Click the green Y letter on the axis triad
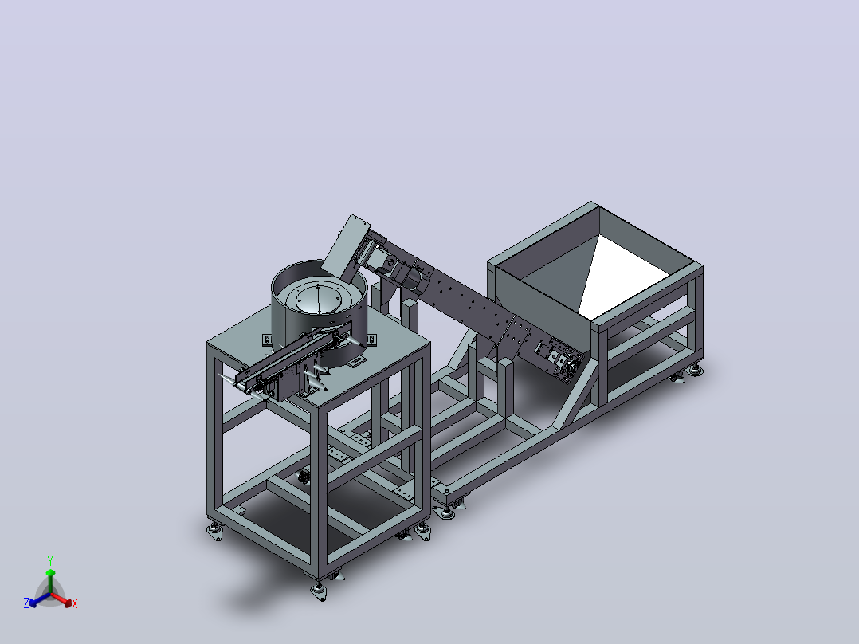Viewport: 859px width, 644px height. point(50,560)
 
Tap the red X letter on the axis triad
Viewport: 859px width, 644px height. point(75,603)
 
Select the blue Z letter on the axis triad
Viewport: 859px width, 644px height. point(26,603)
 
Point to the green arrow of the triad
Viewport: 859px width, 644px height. point(50,581)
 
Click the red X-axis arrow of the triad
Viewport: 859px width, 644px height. point(61,599)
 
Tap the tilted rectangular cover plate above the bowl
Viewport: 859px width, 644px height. point(345,246)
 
